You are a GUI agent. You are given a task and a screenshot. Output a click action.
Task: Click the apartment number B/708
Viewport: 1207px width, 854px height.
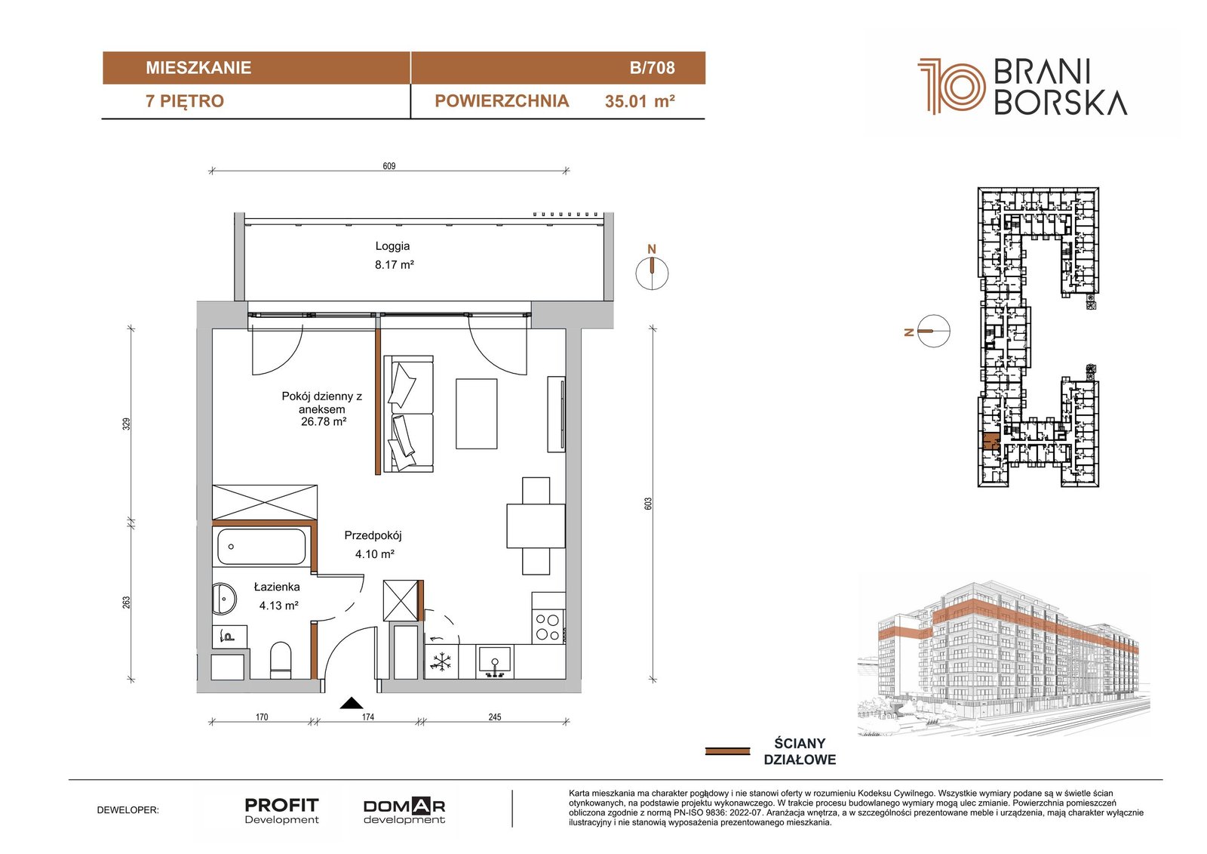point(652,68)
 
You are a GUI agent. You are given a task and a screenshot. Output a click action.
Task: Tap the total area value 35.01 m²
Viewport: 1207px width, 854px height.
point(640,101)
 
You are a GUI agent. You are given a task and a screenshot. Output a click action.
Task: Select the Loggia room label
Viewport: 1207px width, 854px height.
point(393,246)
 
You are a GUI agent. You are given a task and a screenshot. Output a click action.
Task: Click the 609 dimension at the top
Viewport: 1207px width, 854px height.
point(389,165)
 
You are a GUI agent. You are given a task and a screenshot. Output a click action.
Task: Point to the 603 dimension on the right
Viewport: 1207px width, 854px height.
point(648,504)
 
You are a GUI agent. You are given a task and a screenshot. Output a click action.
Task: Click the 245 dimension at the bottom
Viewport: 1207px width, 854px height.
point(495,717)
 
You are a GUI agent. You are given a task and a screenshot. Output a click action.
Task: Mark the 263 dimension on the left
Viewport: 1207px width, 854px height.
point(126,602)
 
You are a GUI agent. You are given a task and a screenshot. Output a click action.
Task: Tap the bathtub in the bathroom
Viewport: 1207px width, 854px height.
point(261,547)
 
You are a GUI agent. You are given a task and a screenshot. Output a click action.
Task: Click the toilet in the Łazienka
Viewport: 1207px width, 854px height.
point(280,660)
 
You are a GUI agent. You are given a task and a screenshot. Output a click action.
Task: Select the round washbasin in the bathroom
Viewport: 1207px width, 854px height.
point(224,598)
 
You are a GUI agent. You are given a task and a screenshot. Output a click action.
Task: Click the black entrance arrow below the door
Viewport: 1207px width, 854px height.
point(352,702)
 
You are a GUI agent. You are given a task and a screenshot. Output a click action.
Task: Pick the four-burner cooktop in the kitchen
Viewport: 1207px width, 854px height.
point(548,626)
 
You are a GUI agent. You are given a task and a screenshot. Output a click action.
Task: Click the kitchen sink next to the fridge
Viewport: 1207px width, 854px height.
point(495,662)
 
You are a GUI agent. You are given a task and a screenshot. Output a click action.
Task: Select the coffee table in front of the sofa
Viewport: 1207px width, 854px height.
point(476,413)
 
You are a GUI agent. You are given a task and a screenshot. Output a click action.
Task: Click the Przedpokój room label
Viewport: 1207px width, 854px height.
point(373,535)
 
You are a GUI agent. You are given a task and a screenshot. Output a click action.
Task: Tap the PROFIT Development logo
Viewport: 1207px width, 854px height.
point(282,811)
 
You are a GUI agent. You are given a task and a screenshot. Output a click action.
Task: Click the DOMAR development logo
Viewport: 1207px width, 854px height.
point(404,811)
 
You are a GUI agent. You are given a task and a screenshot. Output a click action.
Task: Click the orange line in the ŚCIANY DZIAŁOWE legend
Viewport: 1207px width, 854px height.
point(727,751)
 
